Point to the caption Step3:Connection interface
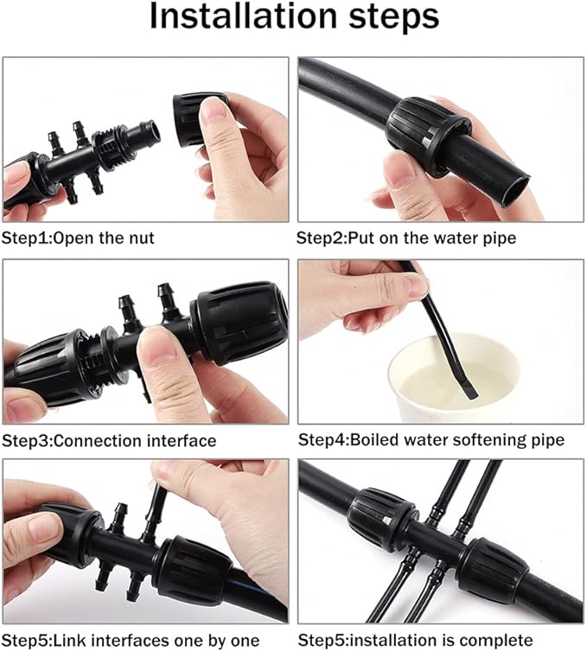pyautogui.click(x=109, y=440)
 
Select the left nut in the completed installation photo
pyautogui.click(x=379, y=519)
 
